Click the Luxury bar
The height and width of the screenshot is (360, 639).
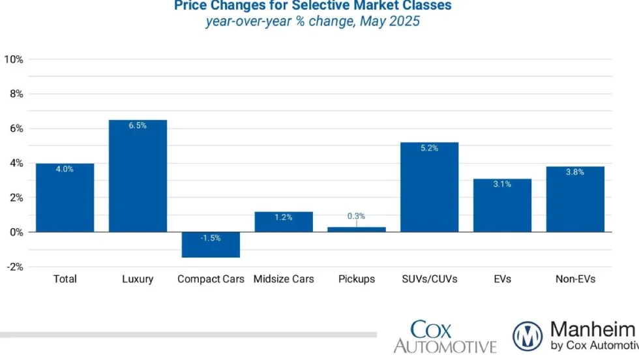click(138, 176)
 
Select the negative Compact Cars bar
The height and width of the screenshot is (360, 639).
click(211, 245)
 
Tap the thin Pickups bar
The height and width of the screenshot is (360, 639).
click(357, 230)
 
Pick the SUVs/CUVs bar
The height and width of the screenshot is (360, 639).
click(430, 187)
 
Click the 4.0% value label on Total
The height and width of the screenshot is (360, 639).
click(65, 169)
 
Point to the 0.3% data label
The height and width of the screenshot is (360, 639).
click(356, 216)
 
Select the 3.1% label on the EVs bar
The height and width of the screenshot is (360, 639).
click(502, 185)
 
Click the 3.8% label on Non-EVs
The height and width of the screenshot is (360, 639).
click(575, 172)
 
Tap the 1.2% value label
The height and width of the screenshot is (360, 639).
click(283, 217)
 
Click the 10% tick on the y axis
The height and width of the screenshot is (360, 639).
click(14, 59)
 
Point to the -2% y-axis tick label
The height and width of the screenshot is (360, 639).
click(14, 267)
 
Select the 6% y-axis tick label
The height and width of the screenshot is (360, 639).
click(17, 129)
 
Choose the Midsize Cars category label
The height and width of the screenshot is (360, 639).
click(284, 279)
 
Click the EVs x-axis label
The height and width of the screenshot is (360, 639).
click(503, 279)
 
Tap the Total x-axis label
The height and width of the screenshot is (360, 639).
click(65, 279)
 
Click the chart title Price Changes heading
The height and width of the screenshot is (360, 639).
click(312, 6)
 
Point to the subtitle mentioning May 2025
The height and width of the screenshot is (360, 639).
click(312, 22)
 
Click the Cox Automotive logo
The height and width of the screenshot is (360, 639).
click(445, 336)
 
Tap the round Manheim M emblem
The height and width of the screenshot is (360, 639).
click(528, 337)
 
